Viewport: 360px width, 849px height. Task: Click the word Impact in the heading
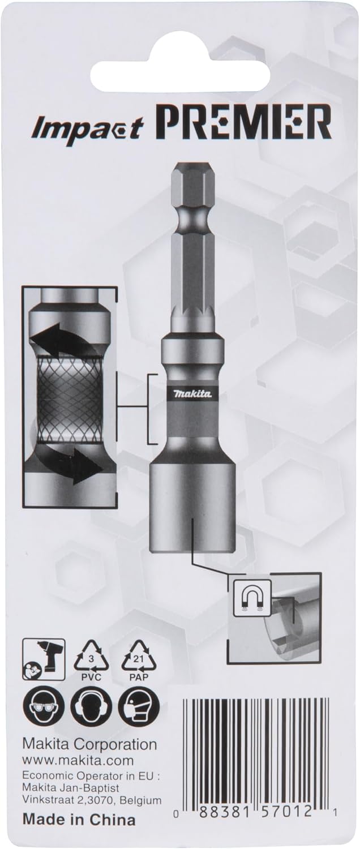tap(88, 128)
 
